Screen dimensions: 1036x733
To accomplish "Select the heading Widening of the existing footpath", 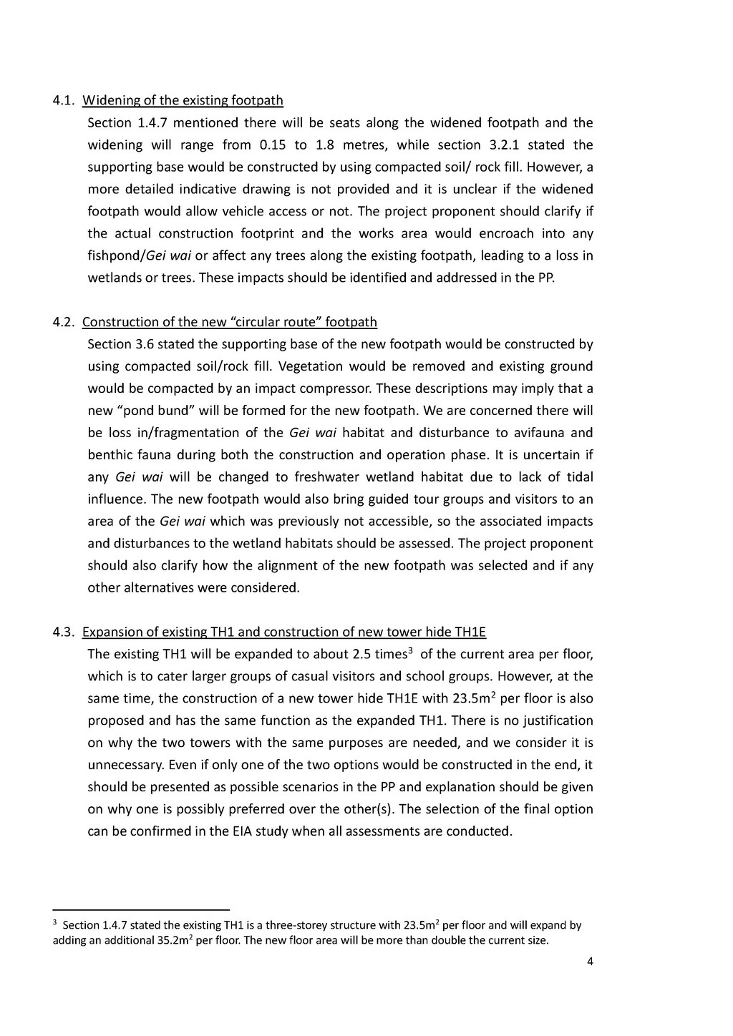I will pyautogui.click(x=183, y=101).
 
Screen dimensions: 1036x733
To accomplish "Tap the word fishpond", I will pyautogui.click(x=115, y=256).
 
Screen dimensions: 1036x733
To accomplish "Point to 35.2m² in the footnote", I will pyautogui.click(x=175, y=940).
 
